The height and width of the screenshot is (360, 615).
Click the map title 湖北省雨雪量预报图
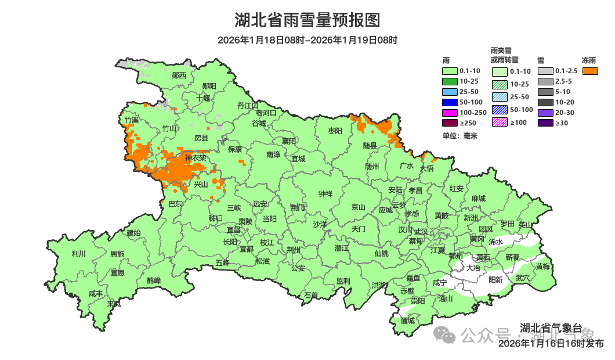(x=307, y=20)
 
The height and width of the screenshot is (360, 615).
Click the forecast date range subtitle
(x=307, y=40)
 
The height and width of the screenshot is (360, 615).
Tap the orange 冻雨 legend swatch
(x=591, y=71)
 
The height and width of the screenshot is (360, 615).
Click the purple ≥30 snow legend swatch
(x=545, y=123)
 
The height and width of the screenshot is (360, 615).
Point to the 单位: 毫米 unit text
(x=460, y=136)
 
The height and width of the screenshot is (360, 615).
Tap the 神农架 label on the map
(x=196, y=158)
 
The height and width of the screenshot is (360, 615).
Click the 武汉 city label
(x=421, y=231)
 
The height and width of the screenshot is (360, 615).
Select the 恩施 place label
(x=117, y=254)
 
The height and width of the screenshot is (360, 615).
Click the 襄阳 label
(x=288, y=141)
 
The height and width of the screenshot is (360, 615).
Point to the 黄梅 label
(x=543, y=267)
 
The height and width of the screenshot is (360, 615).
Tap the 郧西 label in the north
(x=179, y=75)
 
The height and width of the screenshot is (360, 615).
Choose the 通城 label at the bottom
(x=408, y=321)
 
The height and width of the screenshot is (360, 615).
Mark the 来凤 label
(x=114, y=304)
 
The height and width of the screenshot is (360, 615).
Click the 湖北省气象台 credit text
(x=551, y=328)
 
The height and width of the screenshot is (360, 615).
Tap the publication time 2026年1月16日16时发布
(x=551, y=344)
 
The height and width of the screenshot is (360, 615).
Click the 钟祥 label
(x=325, y=193)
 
